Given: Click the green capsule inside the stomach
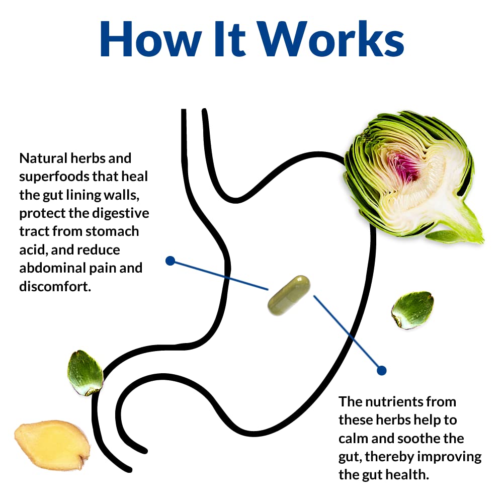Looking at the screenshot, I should (289, 295).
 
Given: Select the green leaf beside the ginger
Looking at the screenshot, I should (85, 373).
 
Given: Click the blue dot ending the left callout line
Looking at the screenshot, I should (170, 261).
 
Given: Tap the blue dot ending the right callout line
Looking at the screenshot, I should (381, 370).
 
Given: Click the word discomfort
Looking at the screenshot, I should (55, 287).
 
